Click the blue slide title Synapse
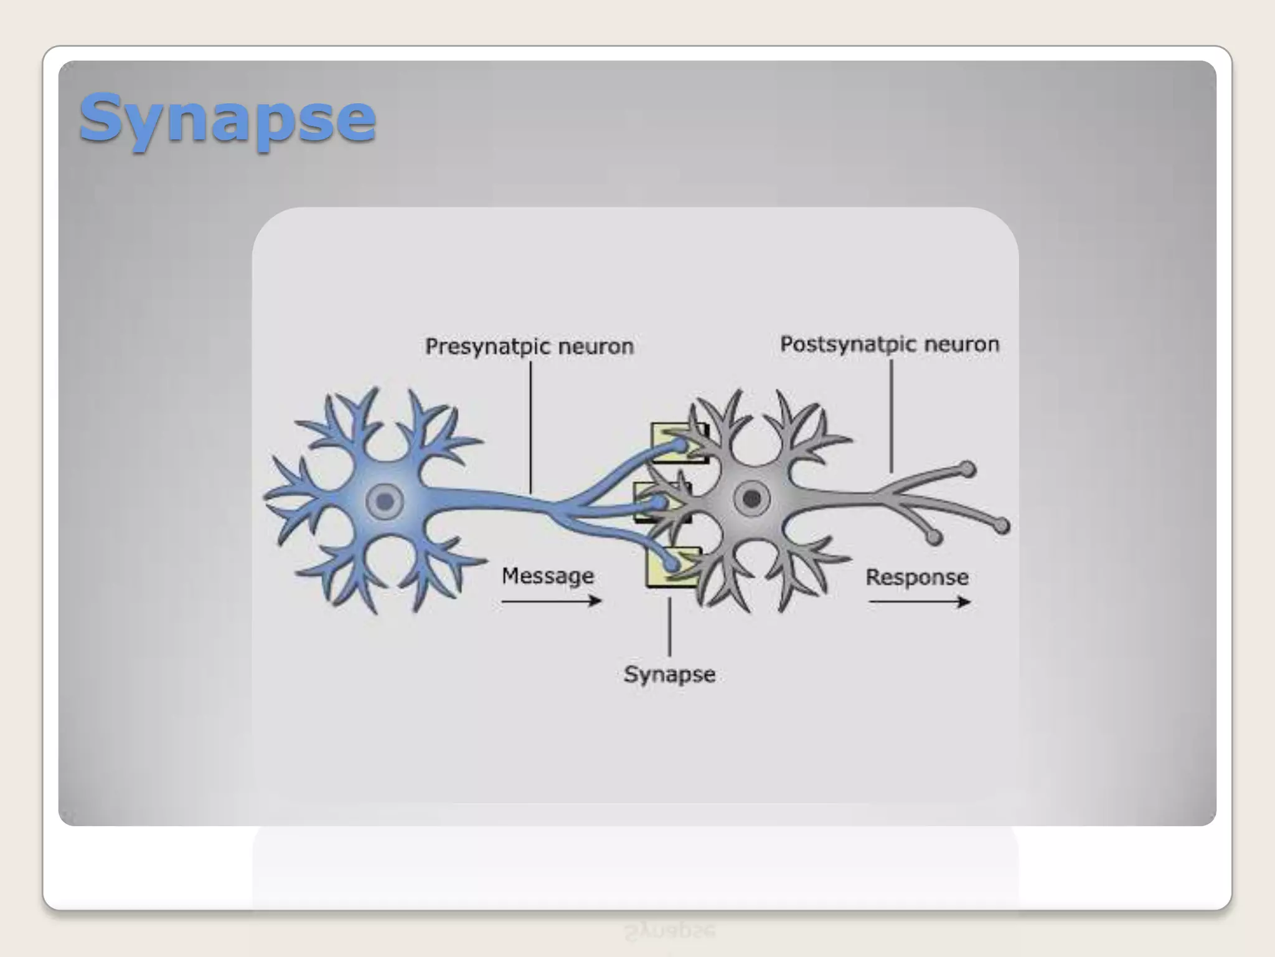coord(227,118)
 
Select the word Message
coord(548,576)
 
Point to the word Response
coord(917,577)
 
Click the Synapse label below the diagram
coord(669,674)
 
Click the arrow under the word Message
coord(551,601)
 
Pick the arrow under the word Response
coord(920,602)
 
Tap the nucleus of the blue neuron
coord(385,501)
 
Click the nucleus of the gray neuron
coord(752,498)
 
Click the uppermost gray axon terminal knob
coord(967,469)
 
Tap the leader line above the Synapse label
coord(669,626)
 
